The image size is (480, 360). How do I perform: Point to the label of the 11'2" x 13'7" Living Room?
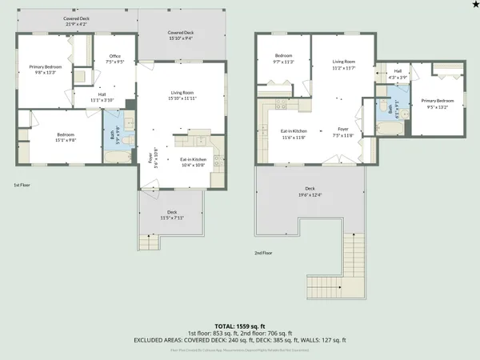[x=344, y=64]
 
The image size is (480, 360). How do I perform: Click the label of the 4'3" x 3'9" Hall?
[x=398, y=74]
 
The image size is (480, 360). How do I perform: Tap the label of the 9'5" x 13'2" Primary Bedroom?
[x=438, y=102]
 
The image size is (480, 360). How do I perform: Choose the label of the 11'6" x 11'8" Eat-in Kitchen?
[x=294, y=133]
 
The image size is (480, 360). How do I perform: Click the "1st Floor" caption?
[x=22, y=185]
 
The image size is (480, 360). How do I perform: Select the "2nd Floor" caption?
[x=264, y=253]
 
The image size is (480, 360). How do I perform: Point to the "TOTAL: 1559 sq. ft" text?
[x=240, y=326]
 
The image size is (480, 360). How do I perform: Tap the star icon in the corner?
[x=474, y=6]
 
